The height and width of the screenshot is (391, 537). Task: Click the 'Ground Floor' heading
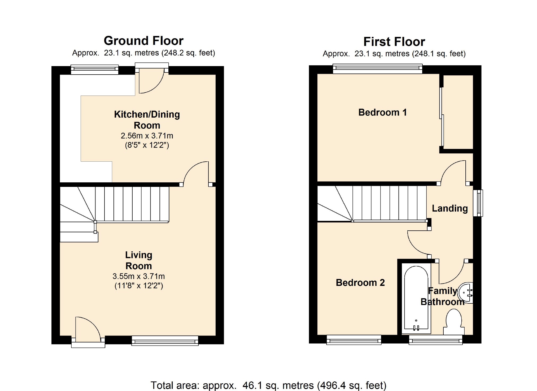tap(143, 41)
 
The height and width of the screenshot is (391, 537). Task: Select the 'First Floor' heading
tap(394, 42)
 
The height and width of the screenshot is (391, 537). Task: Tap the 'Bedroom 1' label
tap(382, 112)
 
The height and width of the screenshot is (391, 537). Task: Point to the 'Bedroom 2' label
tap(360, 282)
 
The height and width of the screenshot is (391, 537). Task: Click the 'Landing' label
tap(450, 209)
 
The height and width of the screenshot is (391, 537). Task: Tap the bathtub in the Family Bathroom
tap(416, 299)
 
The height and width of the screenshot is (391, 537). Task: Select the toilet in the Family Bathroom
tap(454, 323)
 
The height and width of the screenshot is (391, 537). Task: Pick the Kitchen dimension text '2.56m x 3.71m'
tap(147, 136)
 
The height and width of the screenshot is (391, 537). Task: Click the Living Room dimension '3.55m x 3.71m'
tap(139, 276)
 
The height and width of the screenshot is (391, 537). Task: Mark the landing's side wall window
tap(478, 203)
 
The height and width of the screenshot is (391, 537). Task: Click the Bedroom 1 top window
tap(377, 68)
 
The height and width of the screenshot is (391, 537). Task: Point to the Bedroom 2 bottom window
tap(354, 340)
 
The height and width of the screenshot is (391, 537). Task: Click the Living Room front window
tap(165, 341)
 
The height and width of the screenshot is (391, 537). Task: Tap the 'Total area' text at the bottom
tap(268, 385)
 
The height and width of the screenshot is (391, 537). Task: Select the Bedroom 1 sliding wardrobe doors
tap(442, 117)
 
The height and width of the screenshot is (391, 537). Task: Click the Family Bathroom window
tap(436, 340)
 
